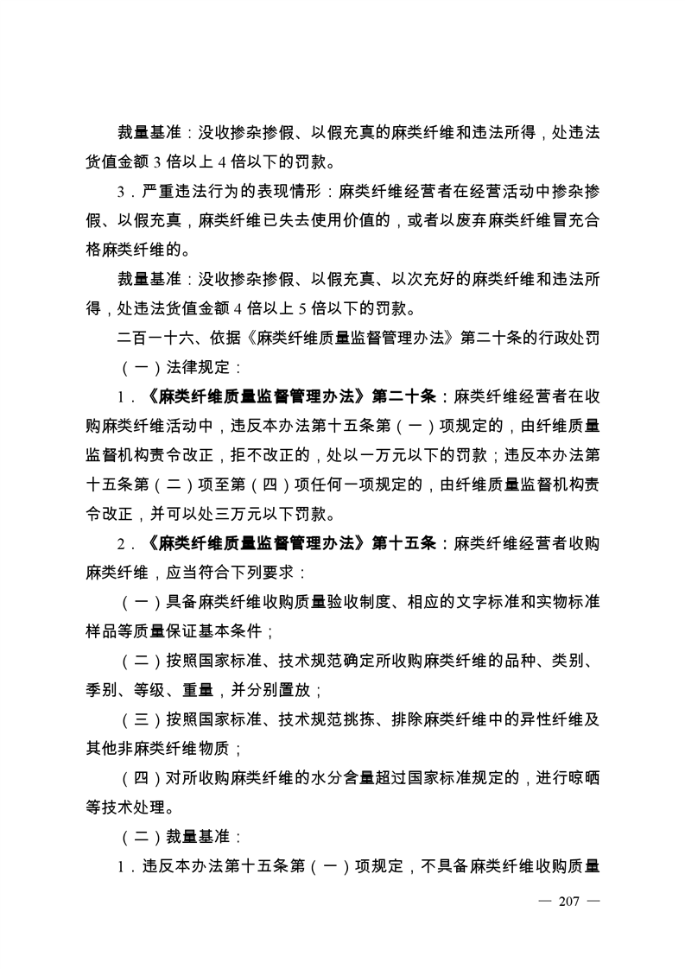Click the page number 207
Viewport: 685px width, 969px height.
568,902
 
